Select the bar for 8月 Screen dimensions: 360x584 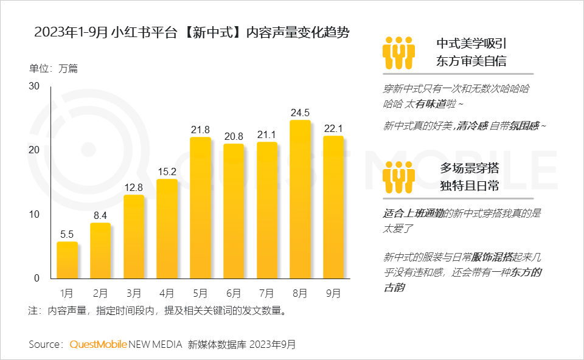(300, 199)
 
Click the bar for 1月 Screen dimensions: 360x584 (67, 260)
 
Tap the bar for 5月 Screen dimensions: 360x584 (200, 208)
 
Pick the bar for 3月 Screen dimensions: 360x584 (134, 237)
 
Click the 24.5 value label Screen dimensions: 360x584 (300, 112)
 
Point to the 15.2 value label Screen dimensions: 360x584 (167, 171)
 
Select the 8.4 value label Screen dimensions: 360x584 (100, 215)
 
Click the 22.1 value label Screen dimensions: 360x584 (333, 128)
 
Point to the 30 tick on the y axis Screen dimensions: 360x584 (34, 86)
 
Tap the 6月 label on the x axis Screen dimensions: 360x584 (234, 294)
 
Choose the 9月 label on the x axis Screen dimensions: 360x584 (333, 294)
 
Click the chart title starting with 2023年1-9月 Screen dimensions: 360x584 (192, 33)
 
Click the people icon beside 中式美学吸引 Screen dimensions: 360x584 (398, 53)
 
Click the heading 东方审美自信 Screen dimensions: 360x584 (471, 61)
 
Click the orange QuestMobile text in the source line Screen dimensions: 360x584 (99, 344)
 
